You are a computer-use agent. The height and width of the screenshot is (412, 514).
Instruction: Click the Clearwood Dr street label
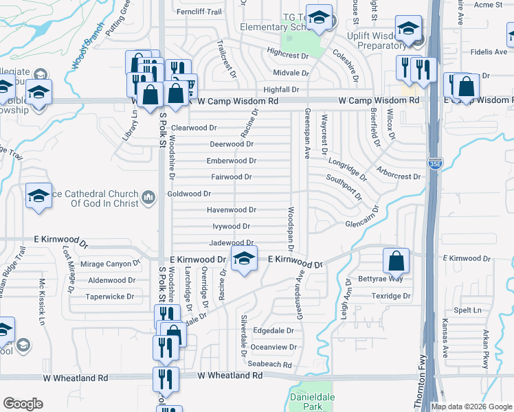[x=194, y=128]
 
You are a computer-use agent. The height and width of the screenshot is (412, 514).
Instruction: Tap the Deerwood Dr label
[x=232, y=144]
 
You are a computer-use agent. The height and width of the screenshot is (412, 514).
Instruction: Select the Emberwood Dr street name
[x=232, y=161]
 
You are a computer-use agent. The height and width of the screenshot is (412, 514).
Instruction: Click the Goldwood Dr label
[x=189, y=194]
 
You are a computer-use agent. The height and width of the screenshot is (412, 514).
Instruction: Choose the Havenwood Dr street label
[x=232, y=210]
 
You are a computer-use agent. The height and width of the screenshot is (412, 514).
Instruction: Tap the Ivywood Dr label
[x=230, y=227]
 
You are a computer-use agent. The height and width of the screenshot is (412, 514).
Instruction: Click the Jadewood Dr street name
[x=232, y=243]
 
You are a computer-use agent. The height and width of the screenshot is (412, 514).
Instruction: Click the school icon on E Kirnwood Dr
[x=243, y=259]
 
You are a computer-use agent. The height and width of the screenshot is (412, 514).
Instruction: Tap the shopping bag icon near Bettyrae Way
[x=396, y=261]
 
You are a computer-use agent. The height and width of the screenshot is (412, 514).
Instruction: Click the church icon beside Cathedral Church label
[x=148, y=199]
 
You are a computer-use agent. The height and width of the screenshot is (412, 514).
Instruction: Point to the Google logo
[x=23, y=404]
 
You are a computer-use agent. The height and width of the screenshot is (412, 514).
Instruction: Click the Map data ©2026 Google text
[x=471, y=407]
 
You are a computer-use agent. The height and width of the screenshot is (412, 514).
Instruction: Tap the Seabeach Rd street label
[x=270, y=365]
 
